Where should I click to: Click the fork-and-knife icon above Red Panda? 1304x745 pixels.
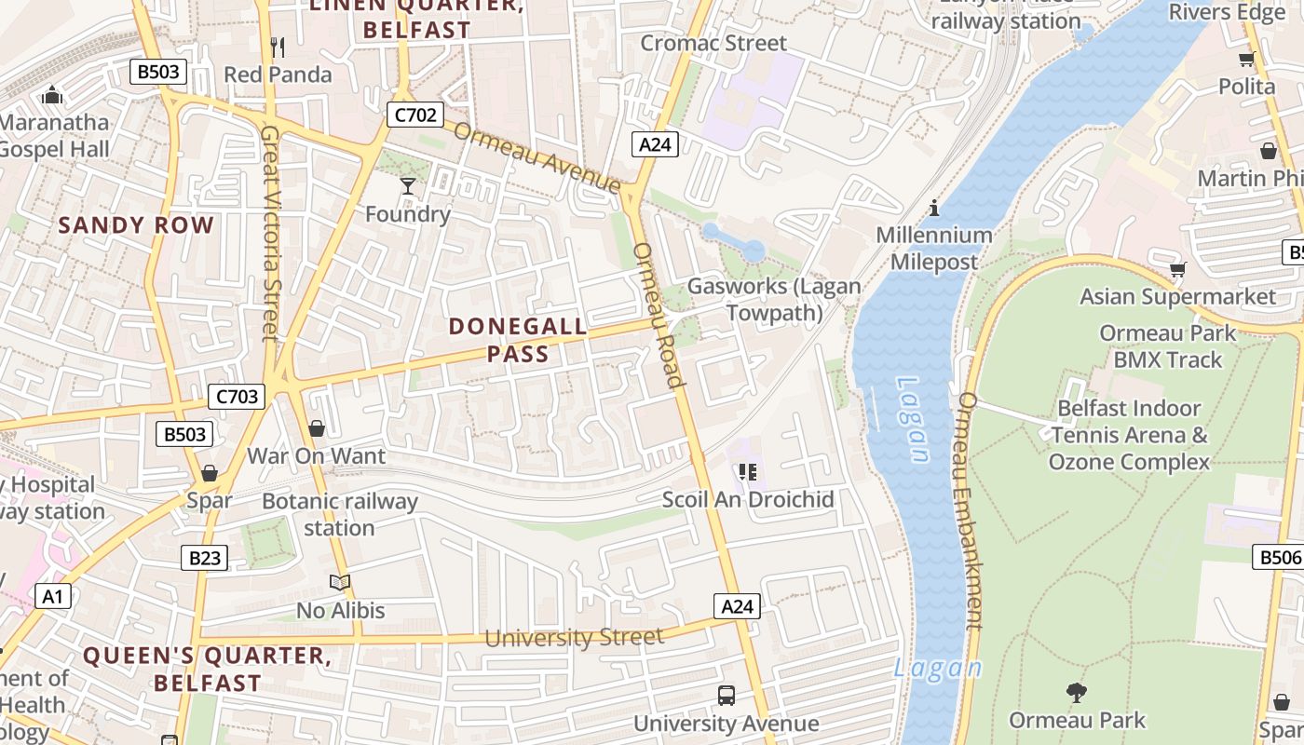(x=277, y=47)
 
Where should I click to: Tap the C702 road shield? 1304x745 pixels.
(x=414, y=115)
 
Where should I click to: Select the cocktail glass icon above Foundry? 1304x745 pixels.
(x=407, y=186)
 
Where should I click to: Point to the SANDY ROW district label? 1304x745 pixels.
(x=136, y=225)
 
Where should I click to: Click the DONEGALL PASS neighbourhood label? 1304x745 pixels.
(x=518, y=340)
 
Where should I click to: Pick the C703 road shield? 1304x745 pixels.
(x=236, y=397)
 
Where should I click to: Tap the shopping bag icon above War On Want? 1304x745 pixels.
(x=317, y=428)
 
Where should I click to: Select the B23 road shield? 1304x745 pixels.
(x=204, y=558)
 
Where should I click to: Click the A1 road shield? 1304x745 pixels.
(x=52, y=596)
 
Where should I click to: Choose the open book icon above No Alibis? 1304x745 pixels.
(x=340, y=583)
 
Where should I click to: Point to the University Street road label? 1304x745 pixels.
(x=574, y=638)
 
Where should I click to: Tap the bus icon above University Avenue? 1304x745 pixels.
(x=726, y=695)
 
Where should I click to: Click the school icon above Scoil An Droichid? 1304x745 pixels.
(x=747, y=472)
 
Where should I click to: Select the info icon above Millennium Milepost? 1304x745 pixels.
(x=934, y=208)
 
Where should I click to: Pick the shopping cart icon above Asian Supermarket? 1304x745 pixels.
(x=1177, y=270)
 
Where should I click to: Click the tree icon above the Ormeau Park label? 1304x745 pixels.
(x=1077, y=693)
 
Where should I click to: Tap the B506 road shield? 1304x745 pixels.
(x=1279, y=557)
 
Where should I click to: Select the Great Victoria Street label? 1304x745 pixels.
(x=270, y=233)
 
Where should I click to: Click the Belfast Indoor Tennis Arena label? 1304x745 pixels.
(x=1129, y=435)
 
